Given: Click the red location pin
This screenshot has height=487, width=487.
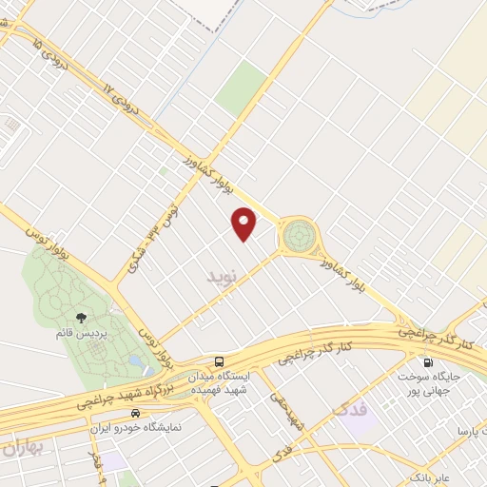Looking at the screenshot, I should pyautogui.click(x=245, y=224).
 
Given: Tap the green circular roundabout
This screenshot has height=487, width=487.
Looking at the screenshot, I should pyautogui.click(x=300, y=234).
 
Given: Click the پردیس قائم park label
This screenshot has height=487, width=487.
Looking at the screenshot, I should pyautogui.click(x=80, y=334).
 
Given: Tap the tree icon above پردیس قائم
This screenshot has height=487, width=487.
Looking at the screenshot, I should pyautogui.click(x=80, y=319).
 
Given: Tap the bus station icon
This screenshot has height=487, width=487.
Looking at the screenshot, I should pyautogui.click(x=220, y=361).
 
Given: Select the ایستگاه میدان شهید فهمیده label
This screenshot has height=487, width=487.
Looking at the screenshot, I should pyautogui.click(x=221, y=382).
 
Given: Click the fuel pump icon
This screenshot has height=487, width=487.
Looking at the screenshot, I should pyautogui.click(x=427, y=361).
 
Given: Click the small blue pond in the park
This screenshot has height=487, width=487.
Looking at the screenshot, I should pyautogui.click(x=140, y=363).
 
